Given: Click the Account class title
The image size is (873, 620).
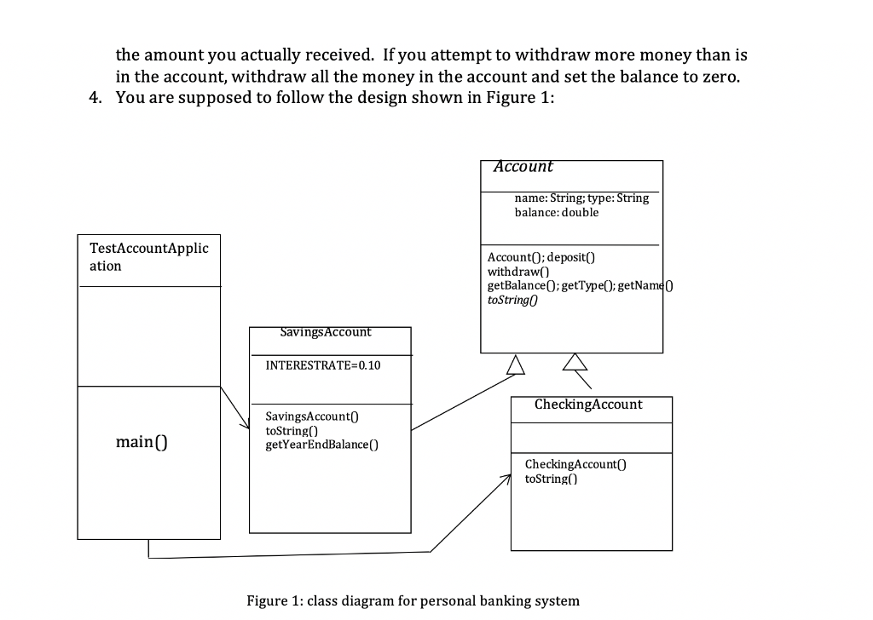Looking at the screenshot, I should click(x=523, y=167).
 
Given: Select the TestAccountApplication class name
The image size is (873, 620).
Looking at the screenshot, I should click(x=148, y=256).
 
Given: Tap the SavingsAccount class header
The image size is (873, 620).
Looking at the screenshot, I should click(x=326, y=332).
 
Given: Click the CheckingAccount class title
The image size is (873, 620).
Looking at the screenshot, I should click(x=588, y=405).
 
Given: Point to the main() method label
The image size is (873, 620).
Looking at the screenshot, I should click(x=141, y=441).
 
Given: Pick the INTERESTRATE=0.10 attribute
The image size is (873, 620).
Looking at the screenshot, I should click(x=324, y=365).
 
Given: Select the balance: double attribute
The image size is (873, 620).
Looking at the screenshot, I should click(x=556, y=213).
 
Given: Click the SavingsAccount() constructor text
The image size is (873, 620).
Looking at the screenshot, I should click(x=309, y=416).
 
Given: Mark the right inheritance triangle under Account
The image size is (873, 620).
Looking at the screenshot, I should click(x=576, y=364).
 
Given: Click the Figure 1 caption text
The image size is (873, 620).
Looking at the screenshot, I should click(x=413, y=600).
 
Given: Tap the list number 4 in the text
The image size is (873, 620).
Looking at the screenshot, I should click(x=95, y=96).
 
